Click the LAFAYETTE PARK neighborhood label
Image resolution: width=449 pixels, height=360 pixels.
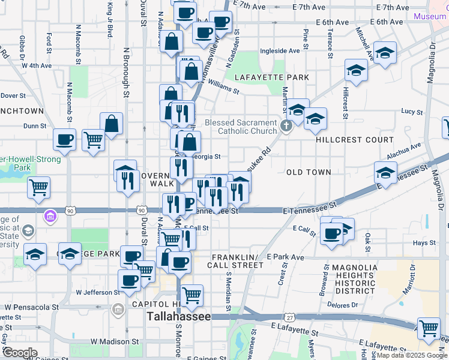point(272,78)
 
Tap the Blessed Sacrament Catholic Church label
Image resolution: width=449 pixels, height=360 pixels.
point(241,127)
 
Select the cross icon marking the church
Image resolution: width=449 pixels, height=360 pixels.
point(286,127)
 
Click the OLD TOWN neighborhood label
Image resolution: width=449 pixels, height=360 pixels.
point(309,172)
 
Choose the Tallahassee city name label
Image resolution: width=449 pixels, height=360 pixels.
point(179,316)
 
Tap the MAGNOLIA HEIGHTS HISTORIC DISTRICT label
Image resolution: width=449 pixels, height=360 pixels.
point(355,279)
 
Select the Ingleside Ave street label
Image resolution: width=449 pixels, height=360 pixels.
point(279,52)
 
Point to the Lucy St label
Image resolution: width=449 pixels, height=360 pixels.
point(412,112)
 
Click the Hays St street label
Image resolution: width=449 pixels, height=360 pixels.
point(424,243)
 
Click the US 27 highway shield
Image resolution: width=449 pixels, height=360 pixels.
point(290,317)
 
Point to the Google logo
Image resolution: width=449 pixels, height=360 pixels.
point(20,353)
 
